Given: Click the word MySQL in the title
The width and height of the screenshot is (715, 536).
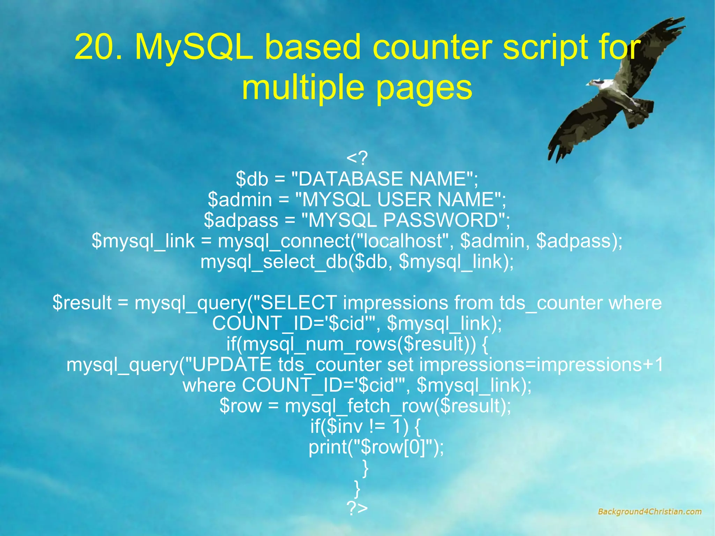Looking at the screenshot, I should [194, 47].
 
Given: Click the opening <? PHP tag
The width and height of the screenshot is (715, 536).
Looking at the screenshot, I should [357, 158].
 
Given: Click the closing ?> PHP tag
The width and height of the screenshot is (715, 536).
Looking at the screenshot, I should [357, 508].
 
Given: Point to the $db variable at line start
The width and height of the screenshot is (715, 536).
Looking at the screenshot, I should [251, 179].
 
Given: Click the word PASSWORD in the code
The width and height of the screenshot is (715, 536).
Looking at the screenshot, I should [440, 220].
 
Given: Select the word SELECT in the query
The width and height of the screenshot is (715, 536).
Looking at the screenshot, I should [298, 303].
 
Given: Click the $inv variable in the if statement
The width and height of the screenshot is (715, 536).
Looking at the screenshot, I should [344, 426].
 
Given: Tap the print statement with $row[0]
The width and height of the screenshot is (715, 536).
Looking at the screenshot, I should [376, 447].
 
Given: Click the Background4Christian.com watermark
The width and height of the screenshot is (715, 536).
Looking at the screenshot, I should [649, 512].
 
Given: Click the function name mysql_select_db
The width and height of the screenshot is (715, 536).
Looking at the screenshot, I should [274, 262].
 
